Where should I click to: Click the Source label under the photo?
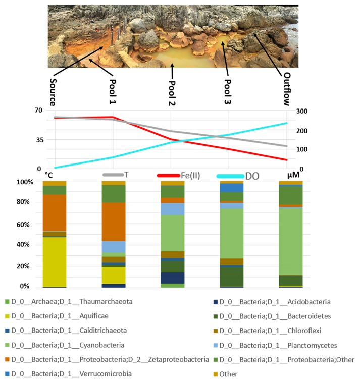[x=54, y=91]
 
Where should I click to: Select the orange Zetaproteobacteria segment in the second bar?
[x=113, y=222]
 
